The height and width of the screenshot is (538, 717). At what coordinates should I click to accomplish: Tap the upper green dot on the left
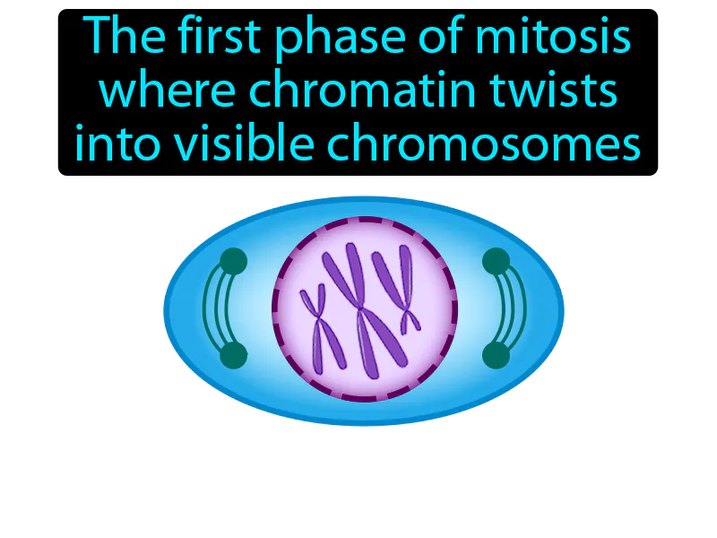233,262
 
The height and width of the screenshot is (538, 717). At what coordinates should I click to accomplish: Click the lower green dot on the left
233,356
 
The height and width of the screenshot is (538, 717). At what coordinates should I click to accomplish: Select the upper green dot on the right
496,262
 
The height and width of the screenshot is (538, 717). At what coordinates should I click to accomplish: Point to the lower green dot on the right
496,356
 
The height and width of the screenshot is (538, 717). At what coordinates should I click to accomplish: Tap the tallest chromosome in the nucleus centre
358,309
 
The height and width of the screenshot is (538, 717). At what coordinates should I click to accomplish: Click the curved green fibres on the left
212,309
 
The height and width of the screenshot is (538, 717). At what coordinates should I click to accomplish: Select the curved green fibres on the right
516,309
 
